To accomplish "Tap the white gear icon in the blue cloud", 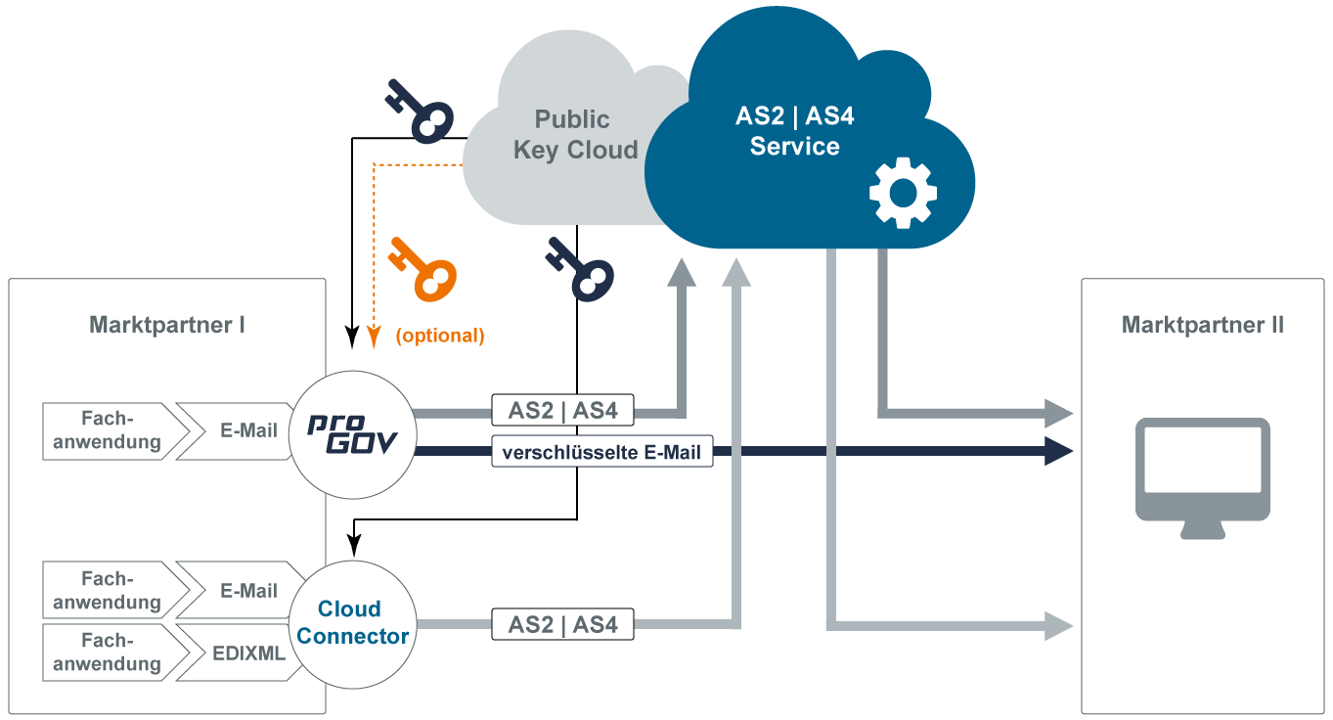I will (x=903, y=192).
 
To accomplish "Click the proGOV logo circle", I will (x=352, y=435).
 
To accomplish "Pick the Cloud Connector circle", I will (x=352, y=623).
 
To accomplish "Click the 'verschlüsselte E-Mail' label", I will (x=601, y=452).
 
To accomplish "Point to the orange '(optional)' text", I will (x=440, y=336).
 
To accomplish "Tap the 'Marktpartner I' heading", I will (x=167, y=325).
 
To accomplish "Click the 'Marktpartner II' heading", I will (x=1202, y=325).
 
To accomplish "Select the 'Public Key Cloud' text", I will (x=574, y=135).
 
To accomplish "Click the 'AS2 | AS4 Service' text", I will (x=794, y=132).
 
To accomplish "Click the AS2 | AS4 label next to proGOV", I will (x=562, y=410).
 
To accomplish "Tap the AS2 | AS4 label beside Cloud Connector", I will (x=562, y=624).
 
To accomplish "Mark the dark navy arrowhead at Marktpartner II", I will (x=1059, y=452).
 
